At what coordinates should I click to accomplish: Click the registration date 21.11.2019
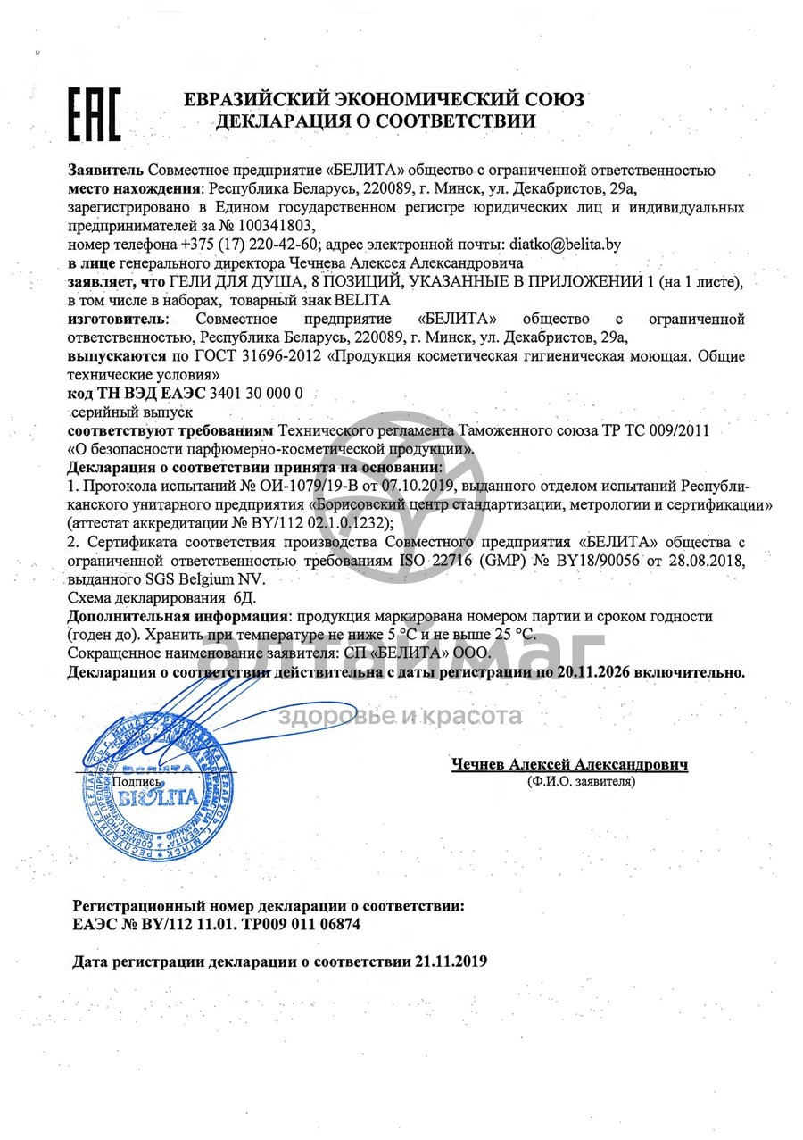451,962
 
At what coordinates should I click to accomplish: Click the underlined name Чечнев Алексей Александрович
569,765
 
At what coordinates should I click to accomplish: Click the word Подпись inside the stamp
137,781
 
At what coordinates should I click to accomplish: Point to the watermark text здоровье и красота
401,716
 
